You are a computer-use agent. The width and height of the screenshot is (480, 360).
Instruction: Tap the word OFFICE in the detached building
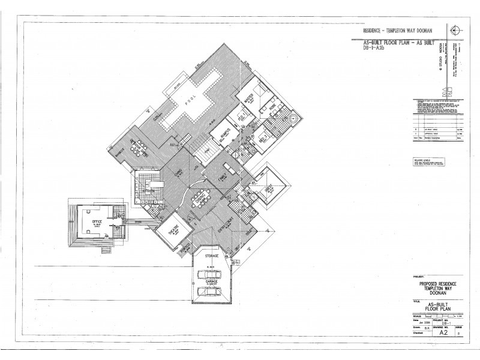pos(97,223)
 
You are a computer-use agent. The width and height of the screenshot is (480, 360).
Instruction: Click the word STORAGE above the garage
pos(211,256)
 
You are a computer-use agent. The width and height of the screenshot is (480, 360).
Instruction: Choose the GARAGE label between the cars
pos(211,282)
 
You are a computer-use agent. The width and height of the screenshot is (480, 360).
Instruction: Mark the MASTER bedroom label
pos(247,100)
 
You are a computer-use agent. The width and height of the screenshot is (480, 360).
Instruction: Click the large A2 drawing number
pos(443,331)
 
